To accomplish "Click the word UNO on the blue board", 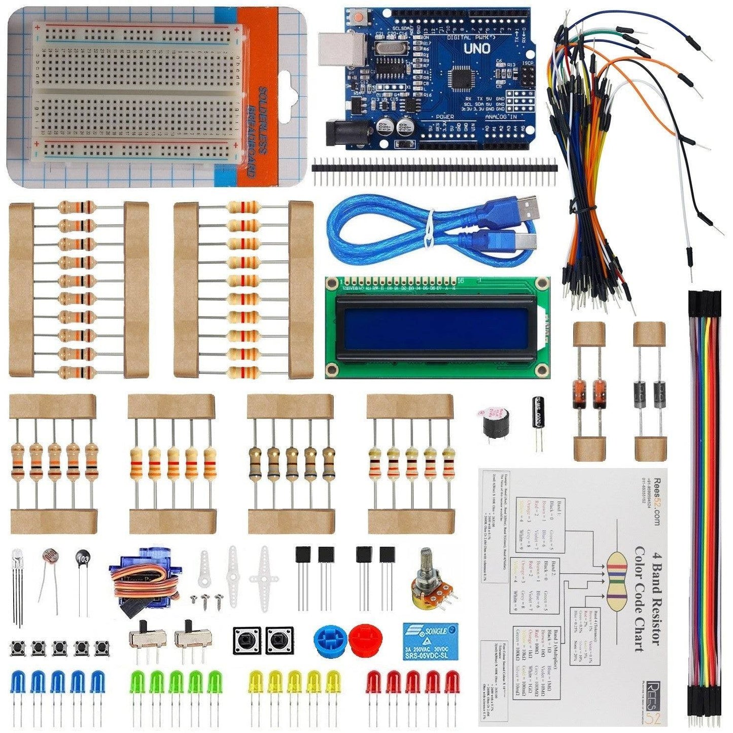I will (x=477, y=49).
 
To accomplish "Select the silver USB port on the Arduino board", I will (x=342, y=51).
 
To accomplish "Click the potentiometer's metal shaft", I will (x=427, y=561).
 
